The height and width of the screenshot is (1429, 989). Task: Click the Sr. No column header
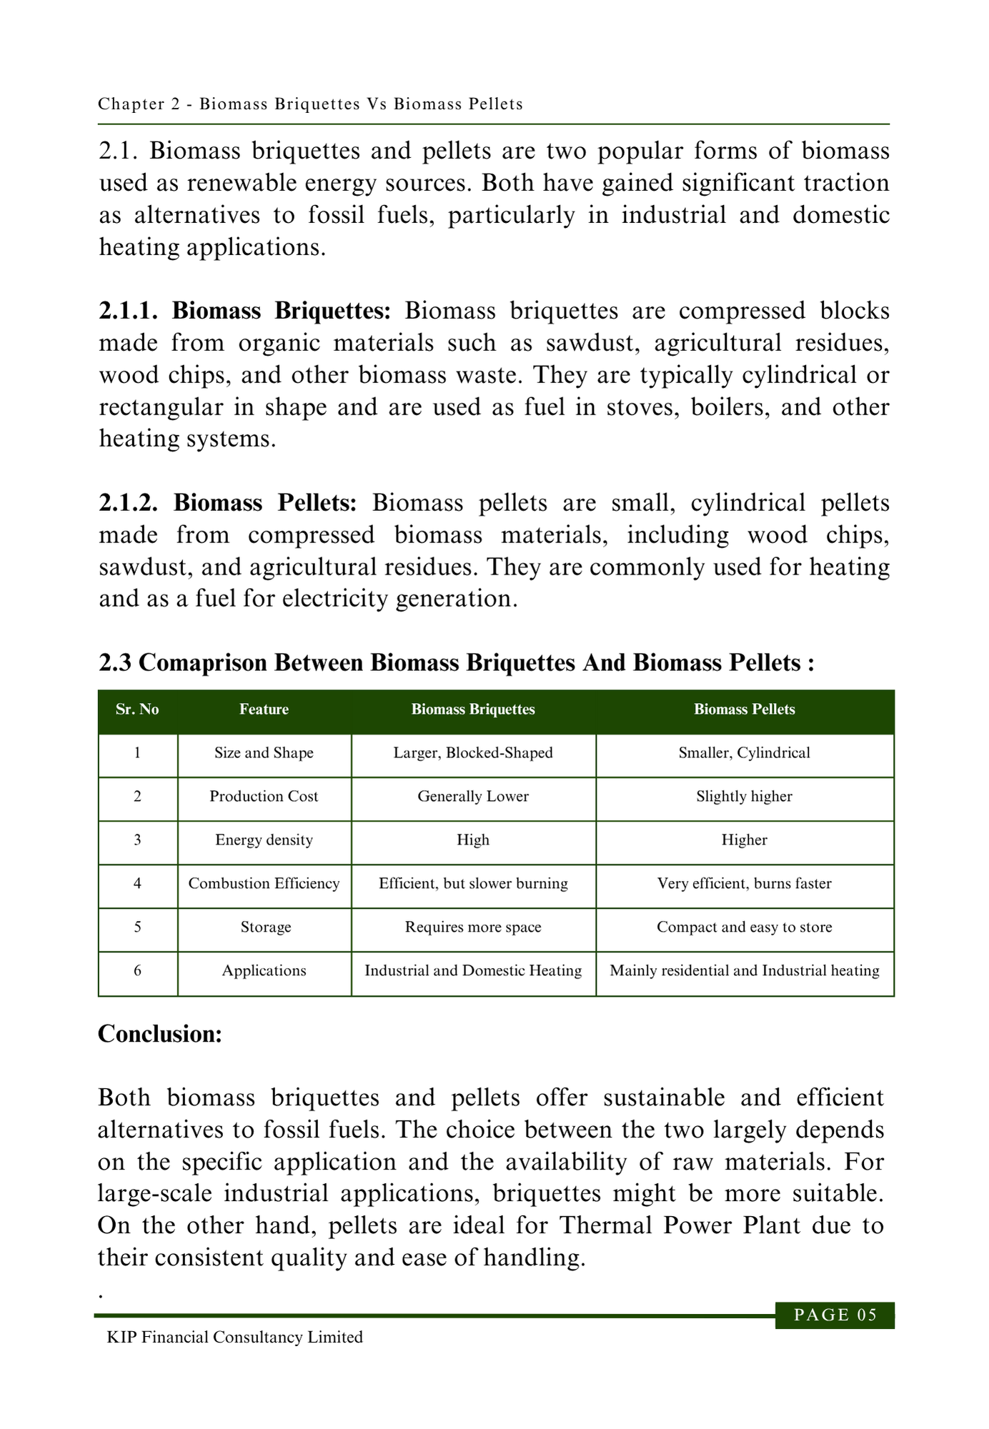[137, 709]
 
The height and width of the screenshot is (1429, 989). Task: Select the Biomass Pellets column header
[744, 709]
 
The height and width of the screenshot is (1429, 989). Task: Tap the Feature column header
[264, 709]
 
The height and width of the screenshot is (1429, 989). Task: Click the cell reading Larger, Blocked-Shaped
[473, 753]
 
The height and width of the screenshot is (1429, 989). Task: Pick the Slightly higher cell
[744, 797]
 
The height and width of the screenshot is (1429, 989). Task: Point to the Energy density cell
[264, 840]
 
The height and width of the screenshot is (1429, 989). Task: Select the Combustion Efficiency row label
[264, 884]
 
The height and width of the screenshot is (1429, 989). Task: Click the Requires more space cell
[473, 927]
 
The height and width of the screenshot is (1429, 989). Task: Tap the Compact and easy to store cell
[744, 927]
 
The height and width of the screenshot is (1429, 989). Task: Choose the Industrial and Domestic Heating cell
[473, 971]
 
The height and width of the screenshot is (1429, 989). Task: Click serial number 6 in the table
[137, 971]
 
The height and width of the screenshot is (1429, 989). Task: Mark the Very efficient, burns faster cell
[744, 884]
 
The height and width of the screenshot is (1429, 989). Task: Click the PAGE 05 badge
[835, 1315]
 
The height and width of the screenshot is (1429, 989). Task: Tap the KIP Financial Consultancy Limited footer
[234, 1338]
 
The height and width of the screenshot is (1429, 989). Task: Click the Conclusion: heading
[160, 1034]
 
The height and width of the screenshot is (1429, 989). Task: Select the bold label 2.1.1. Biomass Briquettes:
[245, 312]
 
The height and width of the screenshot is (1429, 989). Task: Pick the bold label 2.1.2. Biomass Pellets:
[228, 503]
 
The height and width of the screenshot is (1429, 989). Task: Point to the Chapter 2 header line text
[310, 104]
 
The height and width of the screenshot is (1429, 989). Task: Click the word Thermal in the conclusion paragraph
[607, 1225]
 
